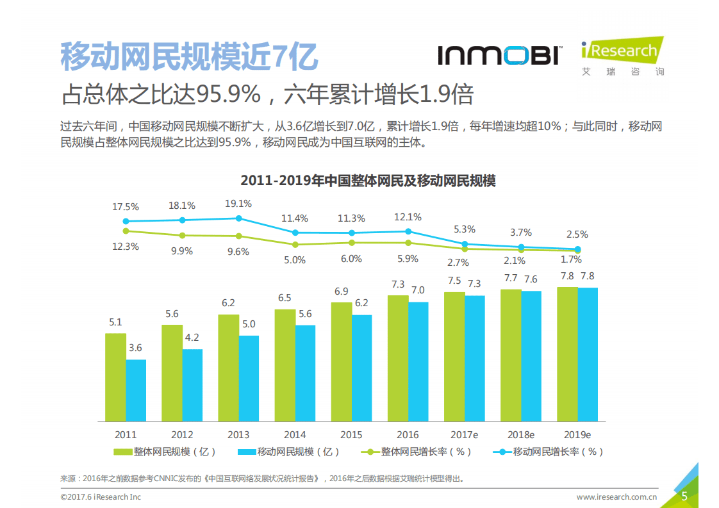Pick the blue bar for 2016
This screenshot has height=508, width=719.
click(x=418, y=361)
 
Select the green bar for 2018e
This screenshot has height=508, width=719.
click(x=511, y=355)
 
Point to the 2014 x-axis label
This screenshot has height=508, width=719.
click(x=295, y=434)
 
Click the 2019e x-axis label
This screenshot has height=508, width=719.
click(x=577, y=434)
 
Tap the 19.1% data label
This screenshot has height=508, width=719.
click(x=238, y=204)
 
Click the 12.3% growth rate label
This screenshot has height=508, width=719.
click(x=126, y=247)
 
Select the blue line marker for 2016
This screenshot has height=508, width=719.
click(x=408, y=231)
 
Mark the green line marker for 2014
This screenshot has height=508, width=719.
click(x=295, y=244)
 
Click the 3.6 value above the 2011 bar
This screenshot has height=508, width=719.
click(x=135, y=348)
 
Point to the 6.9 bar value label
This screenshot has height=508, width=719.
click(x=341, y=291)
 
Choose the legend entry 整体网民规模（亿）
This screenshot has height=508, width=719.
click(x=165, y=452)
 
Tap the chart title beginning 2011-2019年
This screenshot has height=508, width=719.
click(x=368, y=181)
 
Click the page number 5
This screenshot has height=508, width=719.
click(x=684, y=496)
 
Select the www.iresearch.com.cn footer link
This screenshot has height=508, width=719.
click(x=616, y=496)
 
